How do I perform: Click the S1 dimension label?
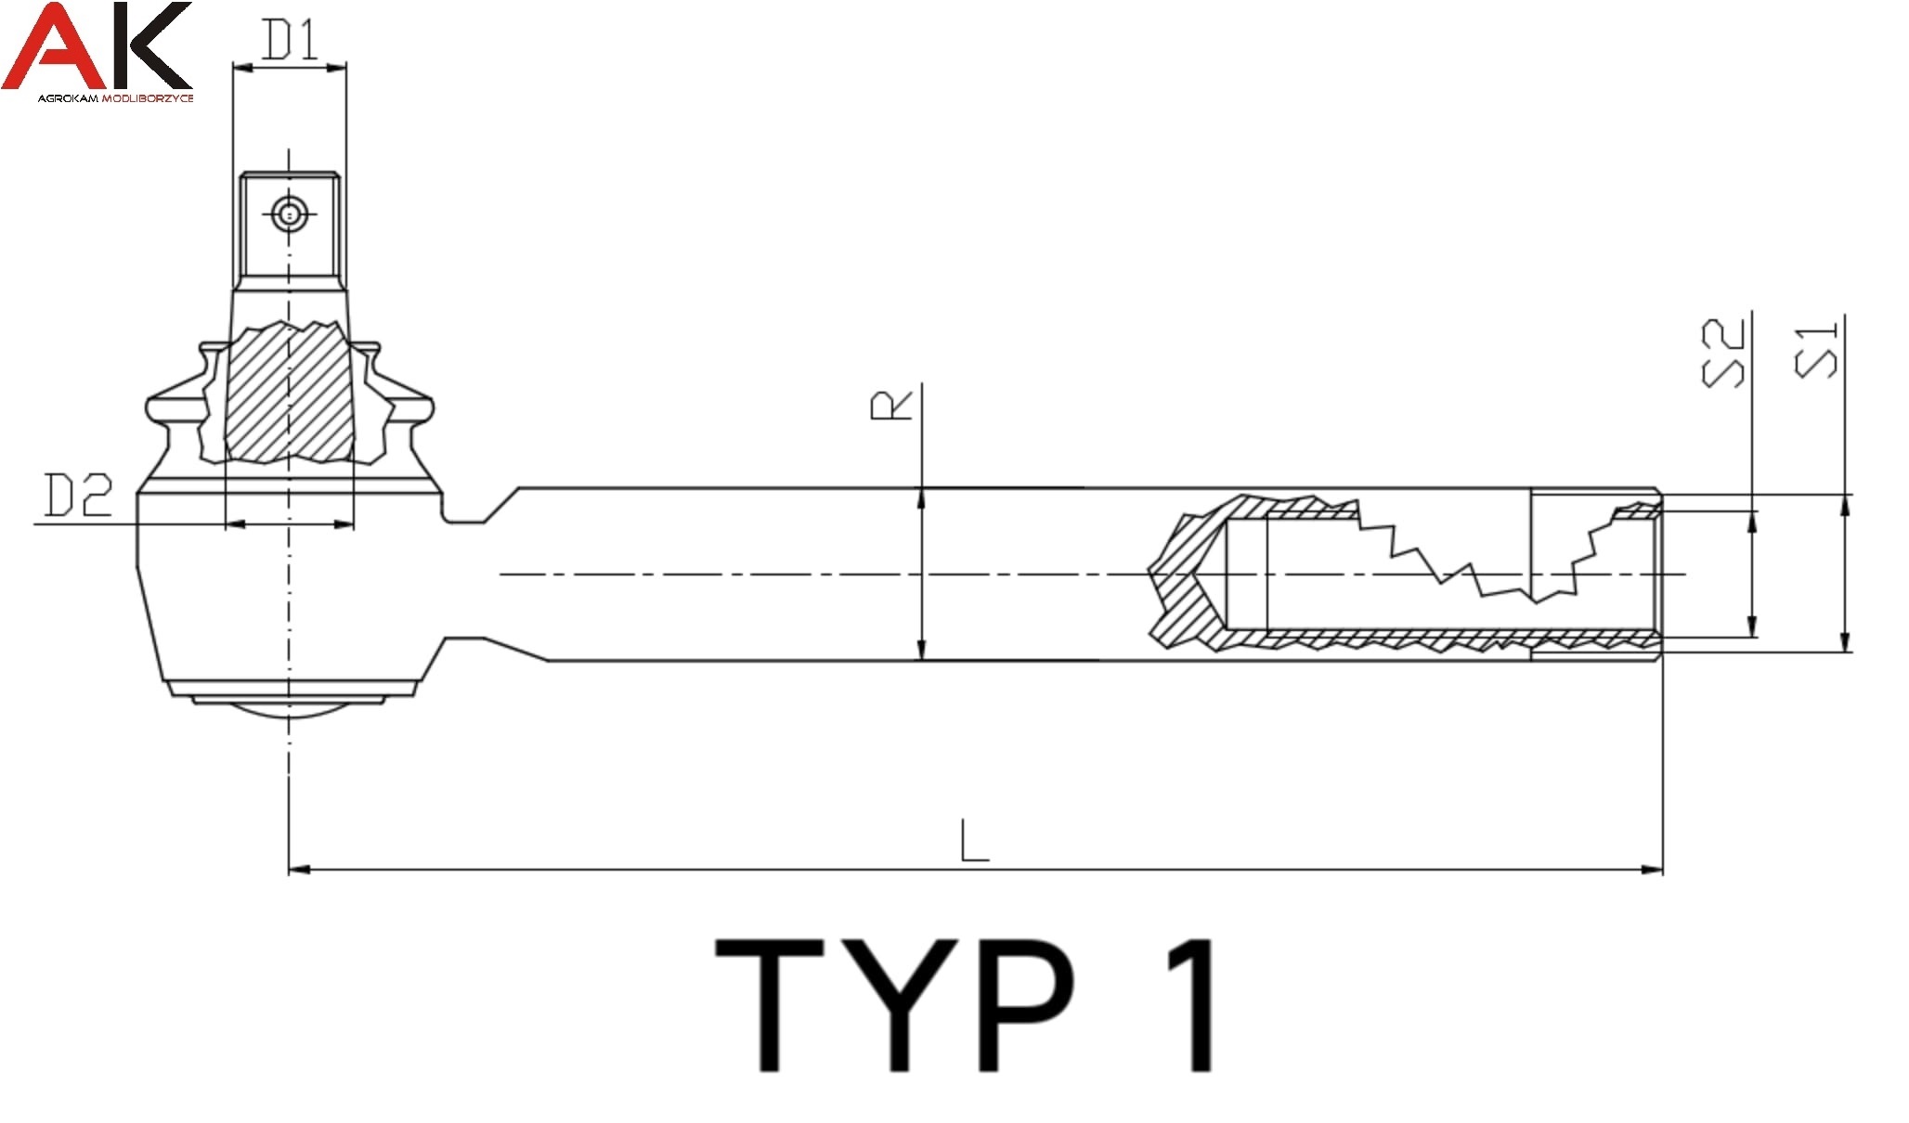click(x=1816, y=350)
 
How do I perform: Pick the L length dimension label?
click(x=974, y=840)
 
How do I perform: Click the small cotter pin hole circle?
click(x=289, y=215)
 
